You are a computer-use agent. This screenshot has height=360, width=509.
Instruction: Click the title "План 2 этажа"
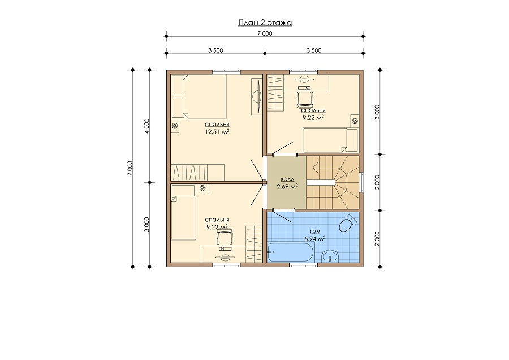265,23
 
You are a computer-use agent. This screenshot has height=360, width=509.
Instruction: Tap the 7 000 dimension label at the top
265,33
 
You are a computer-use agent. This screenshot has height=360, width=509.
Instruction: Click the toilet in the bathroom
347,222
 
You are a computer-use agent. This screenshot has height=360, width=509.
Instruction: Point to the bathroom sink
330,256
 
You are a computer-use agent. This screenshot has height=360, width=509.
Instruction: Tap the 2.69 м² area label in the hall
287,186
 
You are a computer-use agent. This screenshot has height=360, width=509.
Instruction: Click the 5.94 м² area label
315,239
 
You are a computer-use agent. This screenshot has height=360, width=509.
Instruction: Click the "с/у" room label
315,232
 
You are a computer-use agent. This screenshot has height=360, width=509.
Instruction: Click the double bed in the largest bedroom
199,96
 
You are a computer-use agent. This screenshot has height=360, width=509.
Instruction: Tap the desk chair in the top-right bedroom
305,98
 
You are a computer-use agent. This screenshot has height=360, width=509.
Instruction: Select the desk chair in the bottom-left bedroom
225,237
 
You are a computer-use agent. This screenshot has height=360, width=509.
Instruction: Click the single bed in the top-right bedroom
330,140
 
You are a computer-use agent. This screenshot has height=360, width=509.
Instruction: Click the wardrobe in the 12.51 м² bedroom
198,172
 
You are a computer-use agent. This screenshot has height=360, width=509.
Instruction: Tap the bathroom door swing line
282,217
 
